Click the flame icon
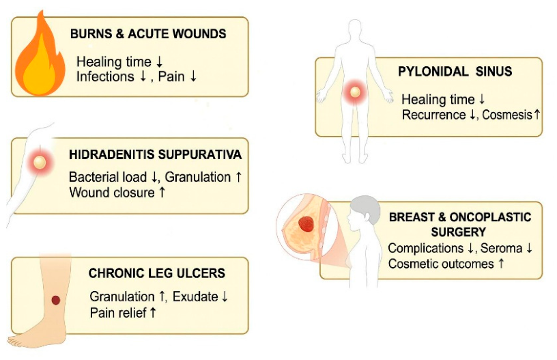tap(40, 57)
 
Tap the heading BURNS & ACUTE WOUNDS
tap(148, 33)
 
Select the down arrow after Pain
tap(193, 77)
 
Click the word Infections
tap(105, 77)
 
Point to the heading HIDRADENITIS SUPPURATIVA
tap(155, 154)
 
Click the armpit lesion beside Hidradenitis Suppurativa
tap(40, 163)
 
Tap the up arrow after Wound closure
tap(162, 192)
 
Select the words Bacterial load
tap(108, 177)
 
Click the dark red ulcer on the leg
tap(56, 300)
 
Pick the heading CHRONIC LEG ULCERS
tap(157, 273)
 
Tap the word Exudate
tap(195, 296)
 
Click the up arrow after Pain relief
tap(153, 313)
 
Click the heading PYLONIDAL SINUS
tap(455, 72)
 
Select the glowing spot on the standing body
tap(355, 92)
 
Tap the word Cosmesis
tap(507, 115)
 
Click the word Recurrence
tap(433, 115)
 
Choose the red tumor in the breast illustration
tap(306, 224)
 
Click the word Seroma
tap(501, 248)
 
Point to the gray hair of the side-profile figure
tap(367, 207)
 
